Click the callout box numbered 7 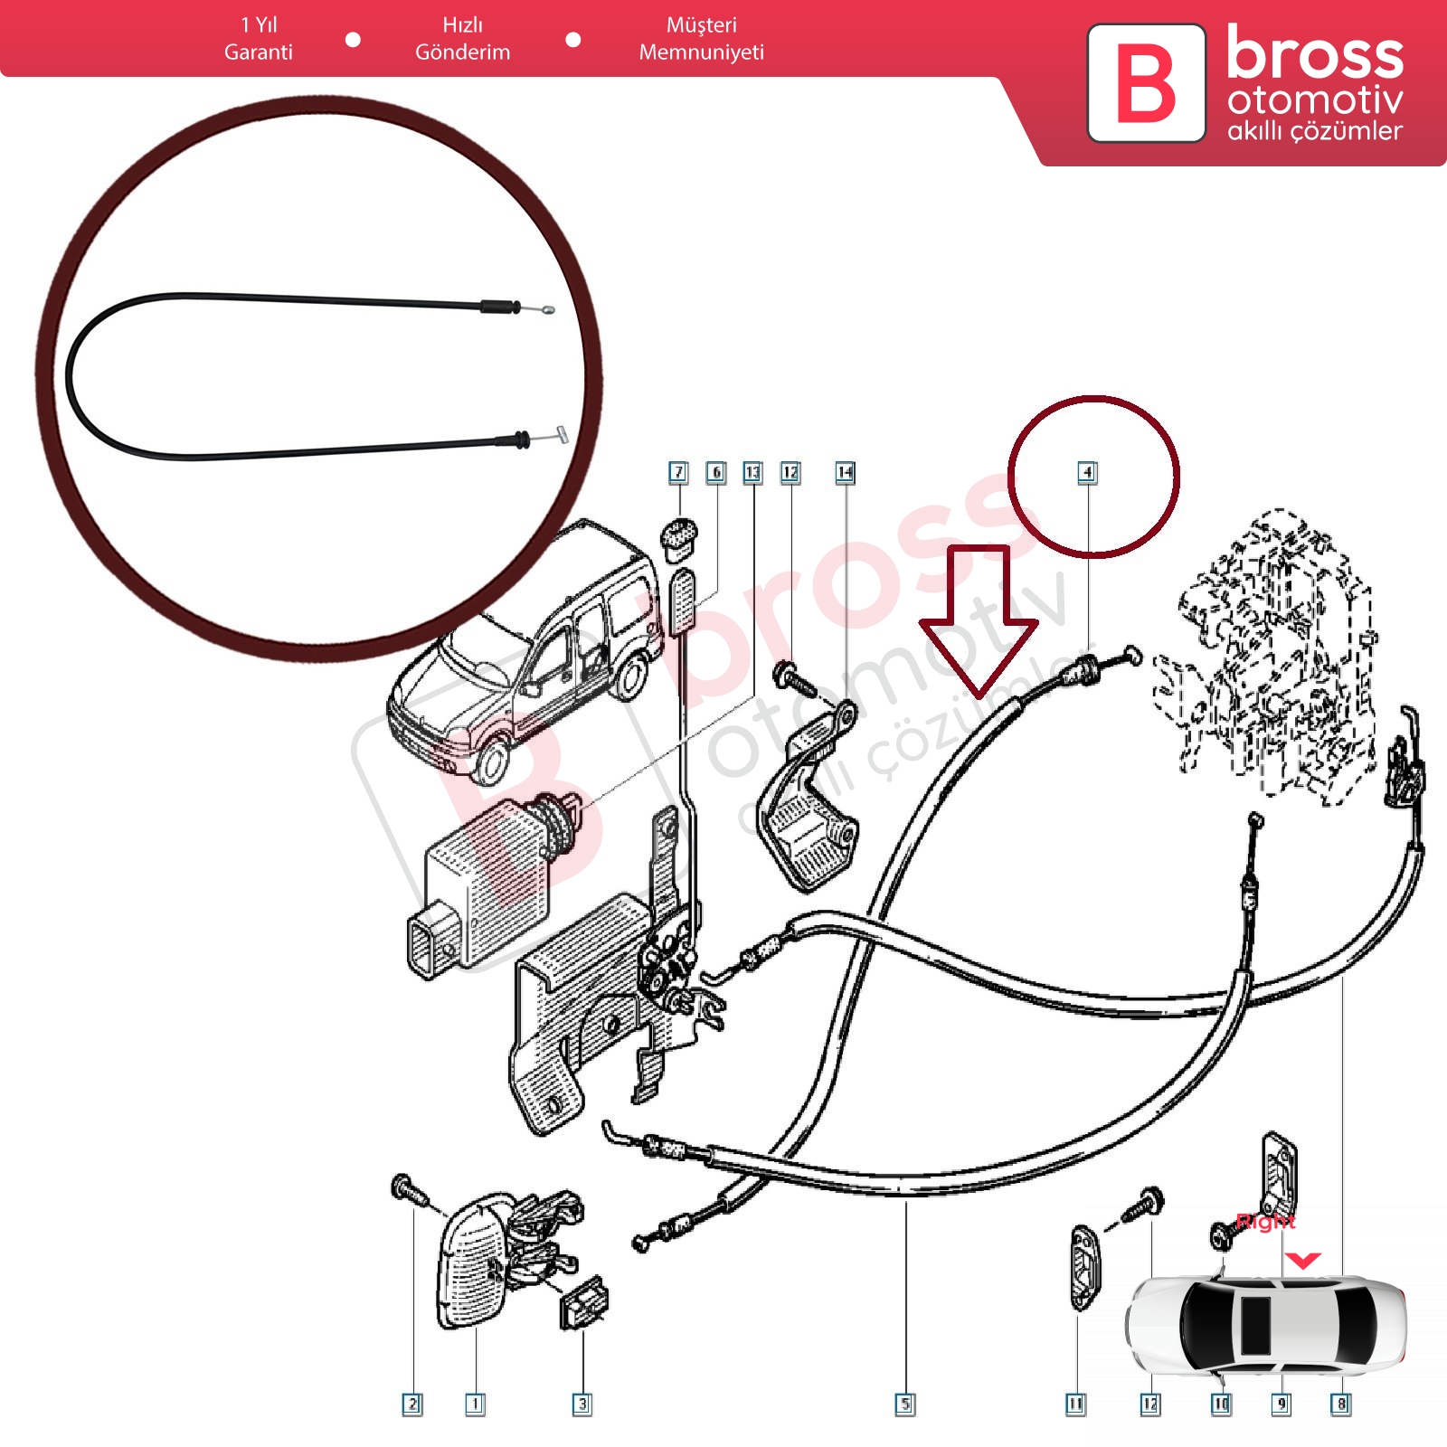coord(678,472)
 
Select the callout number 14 coord(845,472)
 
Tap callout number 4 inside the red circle coord(1087,472)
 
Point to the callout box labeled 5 coord(904,1404)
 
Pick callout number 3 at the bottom coord(582,1404)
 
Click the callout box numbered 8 coord(1341,1404)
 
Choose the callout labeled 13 coord(752,472)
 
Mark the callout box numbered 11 coord(1075,1404)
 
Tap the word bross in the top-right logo coord(1314,54)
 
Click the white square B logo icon coord(1146,83)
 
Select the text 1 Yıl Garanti coord(259,39)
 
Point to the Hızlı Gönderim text coord(462,39)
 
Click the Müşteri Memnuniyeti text coord(701,39)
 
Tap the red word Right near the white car coord(1265,1223)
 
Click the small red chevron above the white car coord(1302,1260)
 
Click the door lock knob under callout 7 coord(679,535)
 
